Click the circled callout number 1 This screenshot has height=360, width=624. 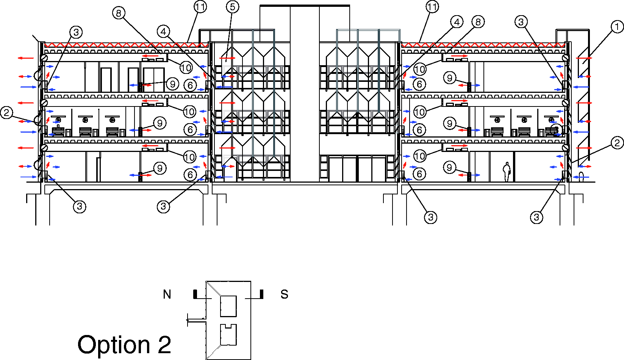[x=617, y=27]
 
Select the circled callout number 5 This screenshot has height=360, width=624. [x=233, y=7]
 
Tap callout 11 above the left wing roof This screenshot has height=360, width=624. [x=200, y=7]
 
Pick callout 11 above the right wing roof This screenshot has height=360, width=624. [x=432, y=7]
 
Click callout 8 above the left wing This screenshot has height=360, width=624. [x=119, y=13]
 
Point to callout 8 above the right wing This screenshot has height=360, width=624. [x=478, y=22]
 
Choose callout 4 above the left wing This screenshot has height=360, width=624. [x=164, y=31]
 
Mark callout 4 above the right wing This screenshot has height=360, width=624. [x=457, y=22]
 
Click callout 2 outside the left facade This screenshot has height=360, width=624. [x=7, y=113]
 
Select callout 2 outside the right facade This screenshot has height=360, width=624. [x=617, y=143]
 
